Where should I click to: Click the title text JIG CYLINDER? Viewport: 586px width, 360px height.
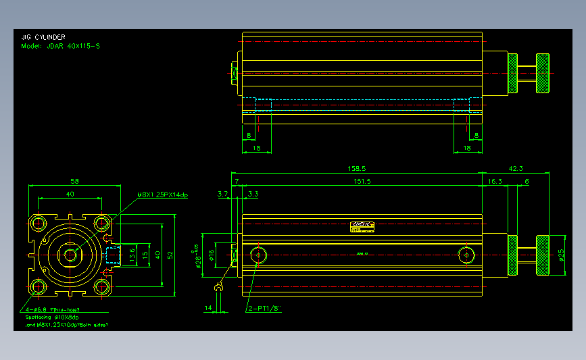click(44, 38)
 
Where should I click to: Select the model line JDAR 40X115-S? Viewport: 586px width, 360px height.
click(61, 47)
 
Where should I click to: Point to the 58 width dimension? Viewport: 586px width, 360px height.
click(74, 181)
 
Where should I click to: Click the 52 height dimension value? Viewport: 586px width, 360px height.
click(171, 255)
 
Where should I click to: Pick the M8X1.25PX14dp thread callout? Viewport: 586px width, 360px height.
click(162, 195)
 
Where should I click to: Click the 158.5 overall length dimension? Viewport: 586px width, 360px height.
click(356, 168)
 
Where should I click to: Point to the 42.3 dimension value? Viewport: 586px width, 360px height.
click(516, 168)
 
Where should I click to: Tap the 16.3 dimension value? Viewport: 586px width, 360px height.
click(494, 181)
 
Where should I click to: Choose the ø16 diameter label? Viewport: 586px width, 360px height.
click(211, 255)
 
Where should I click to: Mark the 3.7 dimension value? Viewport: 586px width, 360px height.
click(223, 194)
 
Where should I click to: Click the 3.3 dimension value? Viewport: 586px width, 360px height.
click(253, 194)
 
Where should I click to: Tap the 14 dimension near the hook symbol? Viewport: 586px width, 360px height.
click(207, 308)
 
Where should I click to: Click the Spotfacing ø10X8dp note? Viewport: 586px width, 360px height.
click(52, 317)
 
